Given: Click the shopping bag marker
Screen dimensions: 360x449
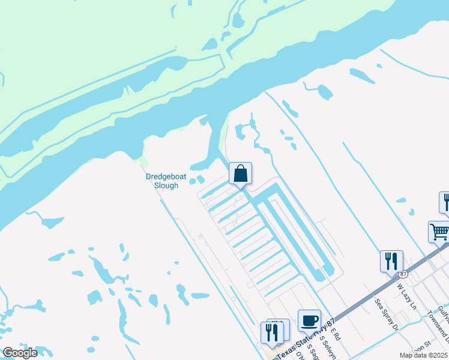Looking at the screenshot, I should point(240,174).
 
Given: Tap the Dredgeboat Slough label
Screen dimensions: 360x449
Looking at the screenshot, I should point(162,181).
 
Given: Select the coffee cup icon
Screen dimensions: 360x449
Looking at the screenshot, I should point(310,320).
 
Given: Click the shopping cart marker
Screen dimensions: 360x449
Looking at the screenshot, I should point(439,231).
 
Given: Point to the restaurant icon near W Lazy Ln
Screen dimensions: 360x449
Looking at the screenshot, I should point(391,262).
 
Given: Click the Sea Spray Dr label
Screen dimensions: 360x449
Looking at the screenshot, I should point(386,315).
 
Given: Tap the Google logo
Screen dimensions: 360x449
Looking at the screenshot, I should point(20,353).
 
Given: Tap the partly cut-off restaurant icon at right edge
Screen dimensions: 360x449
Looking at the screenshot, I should point(445,202).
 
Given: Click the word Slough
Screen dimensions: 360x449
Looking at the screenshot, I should point(166,186).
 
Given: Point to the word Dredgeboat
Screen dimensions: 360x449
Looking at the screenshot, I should point(162,177).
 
